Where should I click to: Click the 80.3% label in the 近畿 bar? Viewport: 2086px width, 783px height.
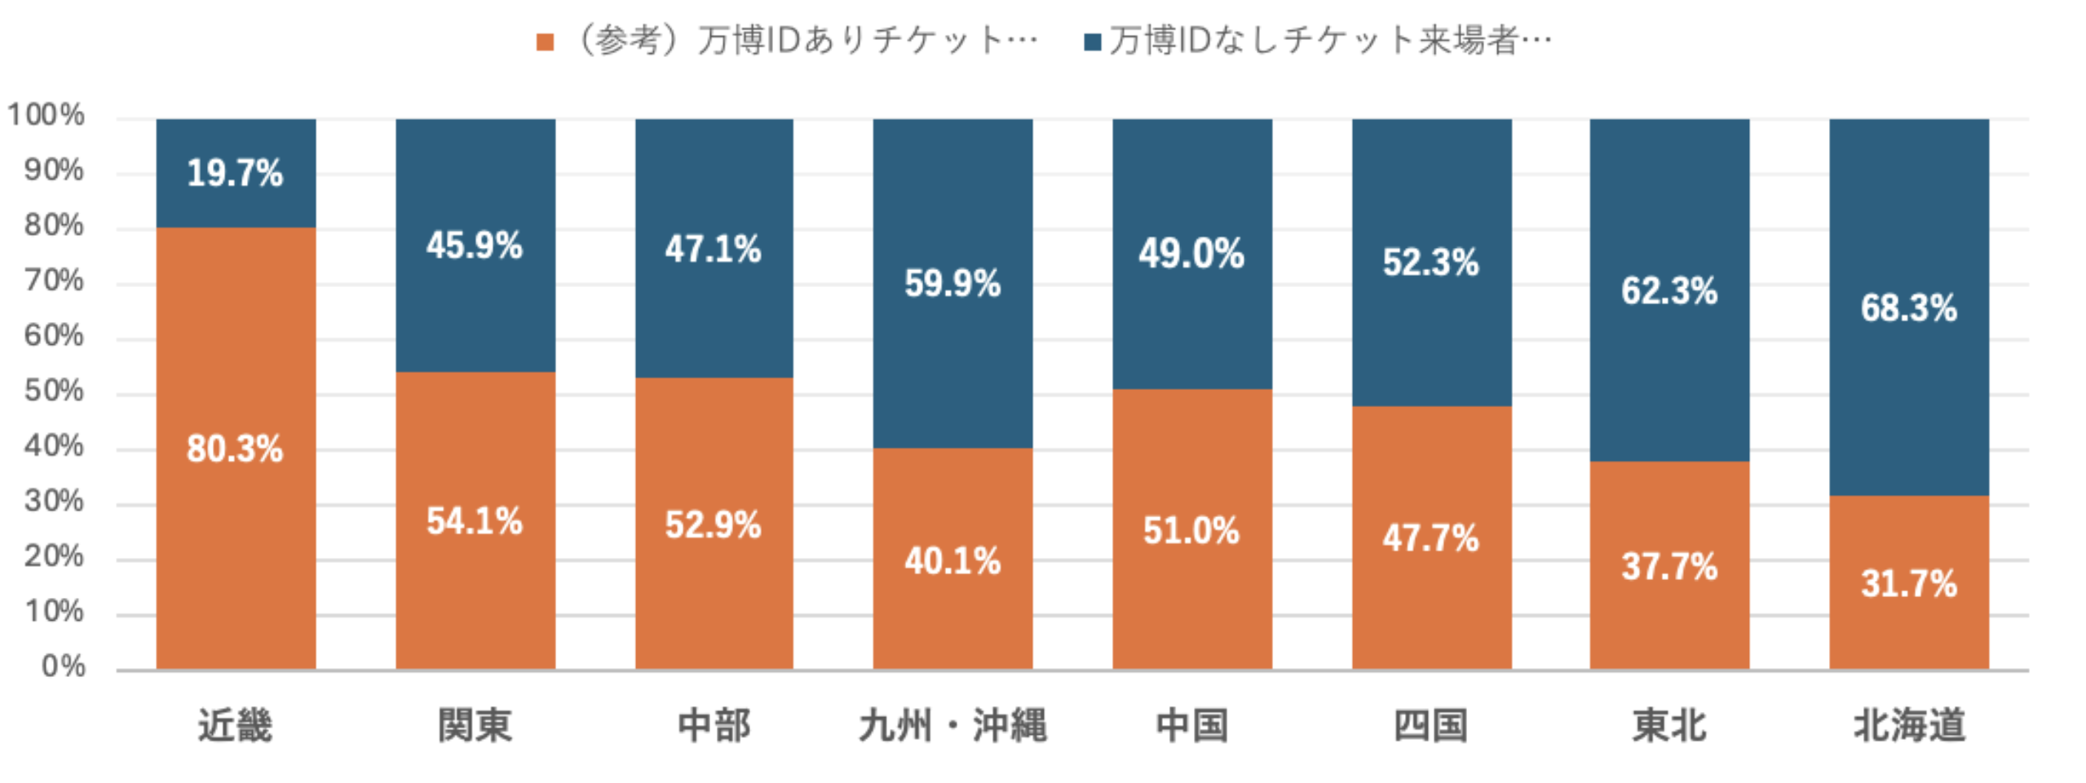click(235, 449)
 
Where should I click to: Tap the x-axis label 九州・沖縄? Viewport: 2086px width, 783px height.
click(952, 725)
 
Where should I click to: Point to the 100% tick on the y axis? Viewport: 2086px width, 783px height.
click(46, 115)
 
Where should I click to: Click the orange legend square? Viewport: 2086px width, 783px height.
click(545, 42)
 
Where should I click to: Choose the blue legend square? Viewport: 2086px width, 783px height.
click(1093, 42)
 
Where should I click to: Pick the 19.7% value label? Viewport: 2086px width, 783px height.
click(235, 173)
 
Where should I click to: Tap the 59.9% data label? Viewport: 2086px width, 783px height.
click(952, 284)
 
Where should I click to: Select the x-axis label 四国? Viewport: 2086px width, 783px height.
click(1431, 725)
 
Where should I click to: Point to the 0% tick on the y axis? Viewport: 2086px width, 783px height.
click(63, 666)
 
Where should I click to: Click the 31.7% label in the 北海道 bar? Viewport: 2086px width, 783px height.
click(1908, 584)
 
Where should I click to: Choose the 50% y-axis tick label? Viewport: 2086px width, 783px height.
click(54, 391)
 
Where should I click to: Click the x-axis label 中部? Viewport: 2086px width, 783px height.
click(714, 725)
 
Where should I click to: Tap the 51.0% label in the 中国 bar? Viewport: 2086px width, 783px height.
click(1191, 531)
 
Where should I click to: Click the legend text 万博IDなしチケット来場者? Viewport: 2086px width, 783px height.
click(1329, 40)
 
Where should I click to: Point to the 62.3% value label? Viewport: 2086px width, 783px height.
click(1669, 291)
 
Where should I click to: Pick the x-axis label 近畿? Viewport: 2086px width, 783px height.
click(235, 725)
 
